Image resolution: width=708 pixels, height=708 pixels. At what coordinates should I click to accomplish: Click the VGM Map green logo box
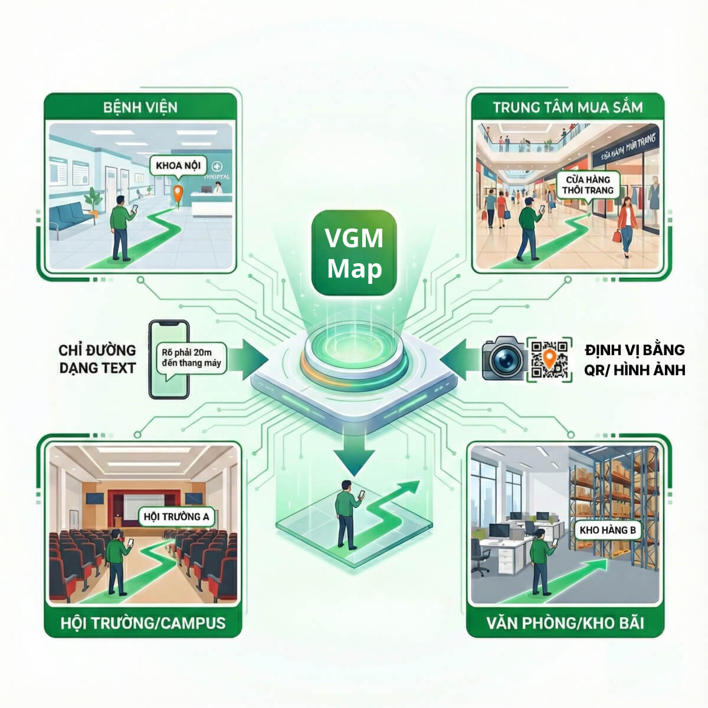coord(354,253)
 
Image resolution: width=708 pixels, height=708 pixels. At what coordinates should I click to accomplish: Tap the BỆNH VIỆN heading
coord(140,107)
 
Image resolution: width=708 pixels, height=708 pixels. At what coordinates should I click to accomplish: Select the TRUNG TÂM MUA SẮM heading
coord(568,107)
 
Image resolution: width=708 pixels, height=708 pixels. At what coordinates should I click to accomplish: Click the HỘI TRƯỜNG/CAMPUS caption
coord(143,622)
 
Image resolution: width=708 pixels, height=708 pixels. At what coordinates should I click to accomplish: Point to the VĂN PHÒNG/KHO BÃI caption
coord(565,622)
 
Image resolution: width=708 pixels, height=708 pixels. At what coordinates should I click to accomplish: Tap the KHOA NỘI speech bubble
coord(177,166)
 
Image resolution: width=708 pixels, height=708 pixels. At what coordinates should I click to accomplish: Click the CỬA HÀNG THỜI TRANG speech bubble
coord(588,185)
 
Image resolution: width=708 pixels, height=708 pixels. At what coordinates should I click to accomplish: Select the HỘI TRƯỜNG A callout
coord(176,517)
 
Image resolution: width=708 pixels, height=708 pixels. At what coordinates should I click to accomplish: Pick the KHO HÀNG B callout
coord(607,530)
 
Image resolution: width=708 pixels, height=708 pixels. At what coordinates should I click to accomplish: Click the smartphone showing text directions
coord(169,359)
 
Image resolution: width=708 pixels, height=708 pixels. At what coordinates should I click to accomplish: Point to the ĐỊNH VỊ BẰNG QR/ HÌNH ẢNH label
coord(634,359)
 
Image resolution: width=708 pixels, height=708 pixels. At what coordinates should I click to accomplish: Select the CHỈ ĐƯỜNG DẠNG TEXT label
coord(97,359)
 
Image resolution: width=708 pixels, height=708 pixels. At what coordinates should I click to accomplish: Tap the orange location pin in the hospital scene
coord(176,193)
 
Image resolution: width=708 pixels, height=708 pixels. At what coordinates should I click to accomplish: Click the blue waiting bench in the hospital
coord(70,217)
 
